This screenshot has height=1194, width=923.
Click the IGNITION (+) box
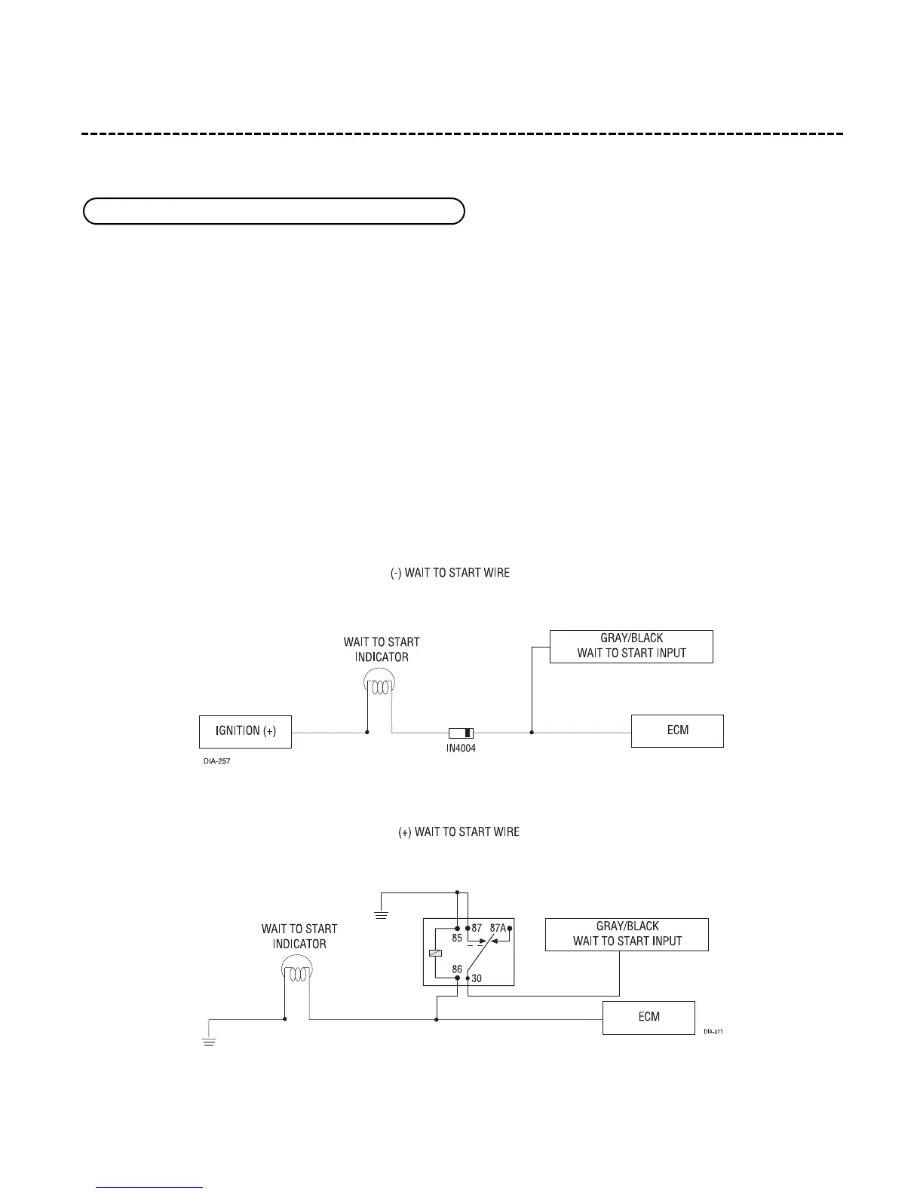245,731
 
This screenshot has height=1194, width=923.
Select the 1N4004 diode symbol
461,732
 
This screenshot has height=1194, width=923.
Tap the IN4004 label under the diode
461,749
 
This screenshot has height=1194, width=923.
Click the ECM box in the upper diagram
677,731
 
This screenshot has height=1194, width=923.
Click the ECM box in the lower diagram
649,1018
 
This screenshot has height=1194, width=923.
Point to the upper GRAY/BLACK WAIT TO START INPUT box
631,646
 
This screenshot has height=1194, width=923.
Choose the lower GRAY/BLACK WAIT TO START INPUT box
627,934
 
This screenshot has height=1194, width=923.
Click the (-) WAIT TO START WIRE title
449,573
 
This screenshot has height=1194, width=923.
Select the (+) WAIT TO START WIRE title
458,832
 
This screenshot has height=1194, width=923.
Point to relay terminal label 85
457,939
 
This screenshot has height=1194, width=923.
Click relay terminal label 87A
498,928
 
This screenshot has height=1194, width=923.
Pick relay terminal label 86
457,969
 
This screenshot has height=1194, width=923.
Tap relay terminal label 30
477,978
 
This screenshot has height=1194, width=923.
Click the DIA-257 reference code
217,761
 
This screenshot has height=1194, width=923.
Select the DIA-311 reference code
713,1032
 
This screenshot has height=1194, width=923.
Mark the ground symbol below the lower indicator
210,1042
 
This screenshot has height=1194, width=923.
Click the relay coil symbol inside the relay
434,954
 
